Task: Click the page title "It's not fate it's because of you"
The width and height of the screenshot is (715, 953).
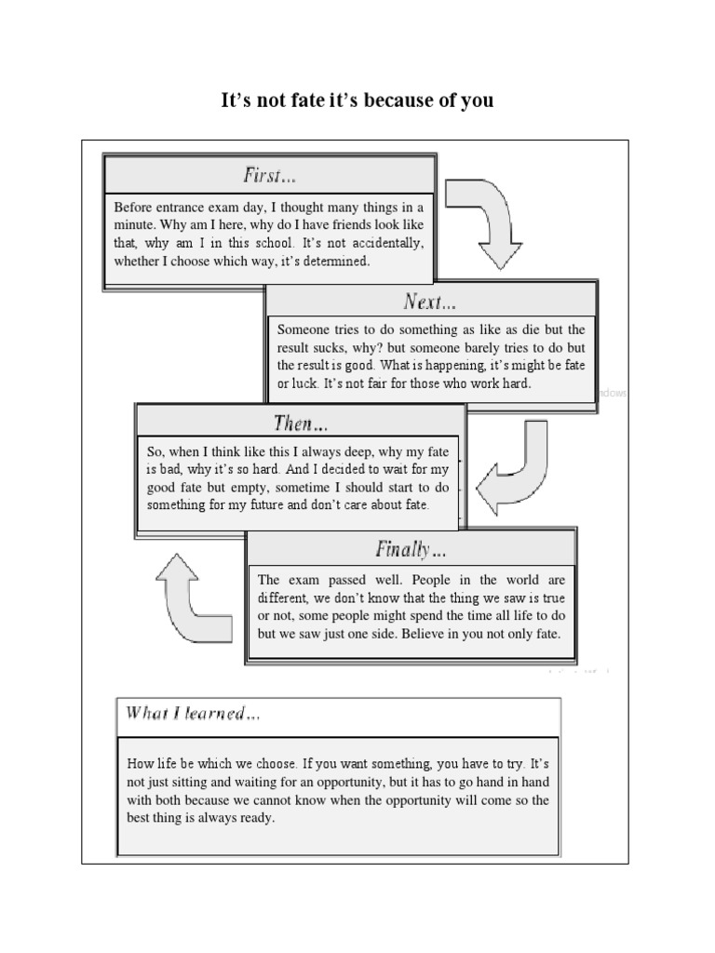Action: pos(357,100)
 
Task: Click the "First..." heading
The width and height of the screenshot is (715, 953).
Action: pos(270,175)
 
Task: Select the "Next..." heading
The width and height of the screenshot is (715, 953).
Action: pos(430,302)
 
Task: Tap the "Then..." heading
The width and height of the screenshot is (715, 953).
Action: pos(301,423)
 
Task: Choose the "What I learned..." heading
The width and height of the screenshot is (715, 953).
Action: pos(194,714)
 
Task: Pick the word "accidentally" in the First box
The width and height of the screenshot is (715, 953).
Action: pos(370,243)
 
